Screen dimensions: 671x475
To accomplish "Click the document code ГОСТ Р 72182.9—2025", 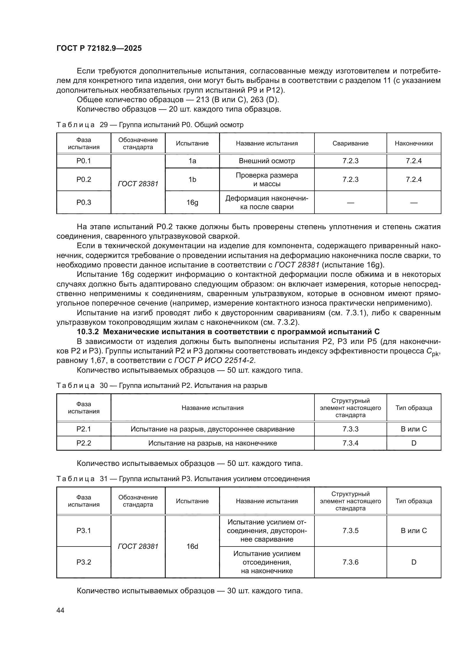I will [x=99, y=48].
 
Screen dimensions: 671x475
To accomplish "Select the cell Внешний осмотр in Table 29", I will [x=267, y=161].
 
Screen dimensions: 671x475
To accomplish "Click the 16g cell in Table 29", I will [x=192, y=202].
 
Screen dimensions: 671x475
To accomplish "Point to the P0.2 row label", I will [x=84, y=179].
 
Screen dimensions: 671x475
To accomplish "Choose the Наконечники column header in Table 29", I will [x=414, y=143].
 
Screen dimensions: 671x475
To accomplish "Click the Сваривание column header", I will [x=350, y=143].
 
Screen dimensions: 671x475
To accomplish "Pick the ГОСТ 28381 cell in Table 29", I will [x=138, y=184].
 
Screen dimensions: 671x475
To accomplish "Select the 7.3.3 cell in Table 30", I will [x=350, y=429].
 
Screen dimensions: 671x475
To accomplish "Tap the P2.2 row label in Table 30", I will [x=84, y=443].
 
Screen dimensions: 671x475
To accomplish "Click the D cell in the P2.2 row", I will [x=414, y=443].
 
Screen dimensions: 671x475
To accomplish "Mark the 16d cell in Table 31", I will [x=192, y=546].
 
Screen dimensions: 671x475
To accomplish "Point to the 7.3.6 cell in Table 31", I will [x=350, y=562].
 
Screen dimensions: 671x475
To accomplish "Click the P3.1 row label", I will [x=84, y=530].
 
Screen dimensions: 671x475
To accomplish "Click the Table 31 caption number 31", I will [x=104, y=479].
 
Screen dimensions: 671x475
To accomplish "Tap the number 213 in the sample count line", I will [x=202, y=100].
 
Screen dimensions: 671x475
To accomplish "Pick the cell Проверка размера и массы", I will [x=267, y=179].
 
